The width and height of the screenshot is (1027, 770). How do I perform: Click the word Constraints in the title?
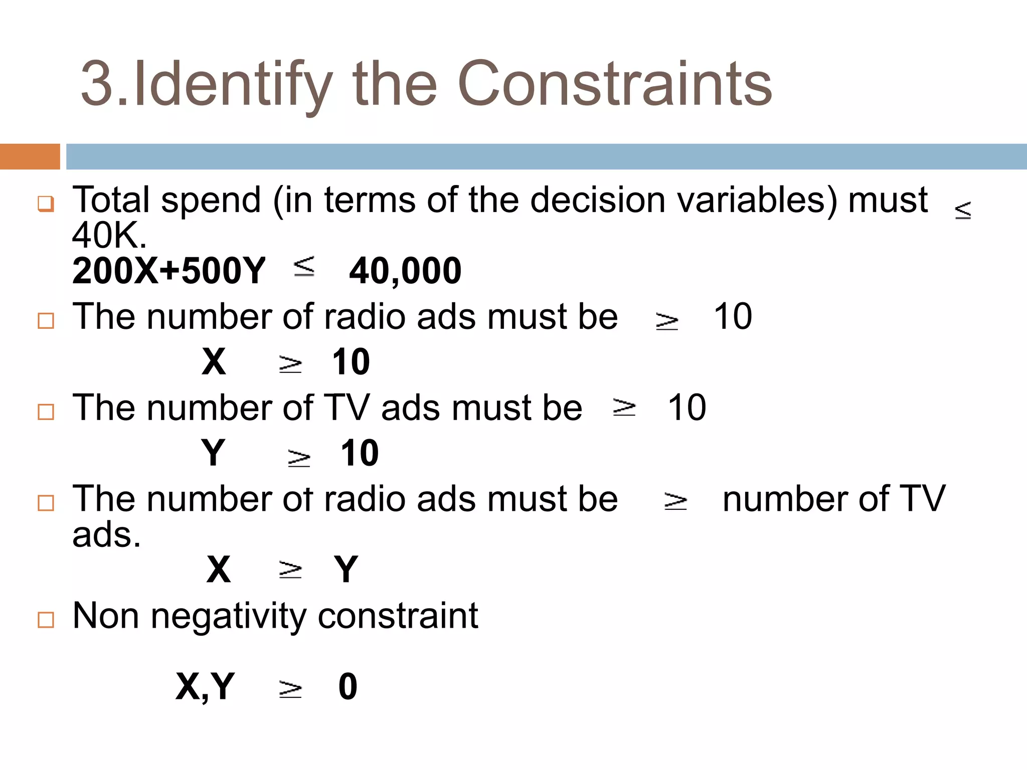(x=614, y=84)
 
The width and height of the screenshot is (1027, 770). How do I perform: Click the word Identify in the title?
(x=233, y=84)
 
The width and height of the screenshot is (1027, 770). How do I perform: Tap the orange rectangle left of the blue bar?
(x=30, y=156)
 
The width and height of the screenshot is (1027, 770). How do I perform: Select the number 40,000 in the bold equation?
(x=405, y=271)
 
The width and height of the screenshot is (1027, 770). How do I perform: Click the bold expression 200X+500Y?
(x=168, y=271)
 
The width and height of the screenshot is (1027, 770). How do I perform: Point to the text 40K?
(x=109, y=236)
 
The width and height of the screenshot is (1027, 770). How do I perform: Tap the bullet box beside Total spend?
(x=46, y=204)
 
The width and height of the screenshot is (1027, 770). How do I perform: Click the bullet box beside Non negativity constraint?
(x=46, y=620)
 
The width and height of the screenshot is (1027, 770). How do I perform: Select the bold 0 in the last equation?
(x=348, y=687)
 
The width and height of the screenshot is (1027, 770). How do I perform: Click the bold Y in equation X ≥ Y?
(x=346, y=569)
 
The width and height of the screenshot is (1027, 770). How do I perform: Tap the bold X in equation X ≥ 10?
(x=214, y=362)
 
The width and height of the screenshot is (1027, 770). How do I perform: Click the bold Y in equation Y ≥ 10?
(x=213, y=453)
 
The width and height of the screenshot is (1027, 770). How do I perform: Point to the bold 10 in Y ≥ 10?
(x=359, y=453)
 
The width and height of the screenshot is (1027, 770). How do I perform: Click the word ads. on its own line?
(x=106, y=535)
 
